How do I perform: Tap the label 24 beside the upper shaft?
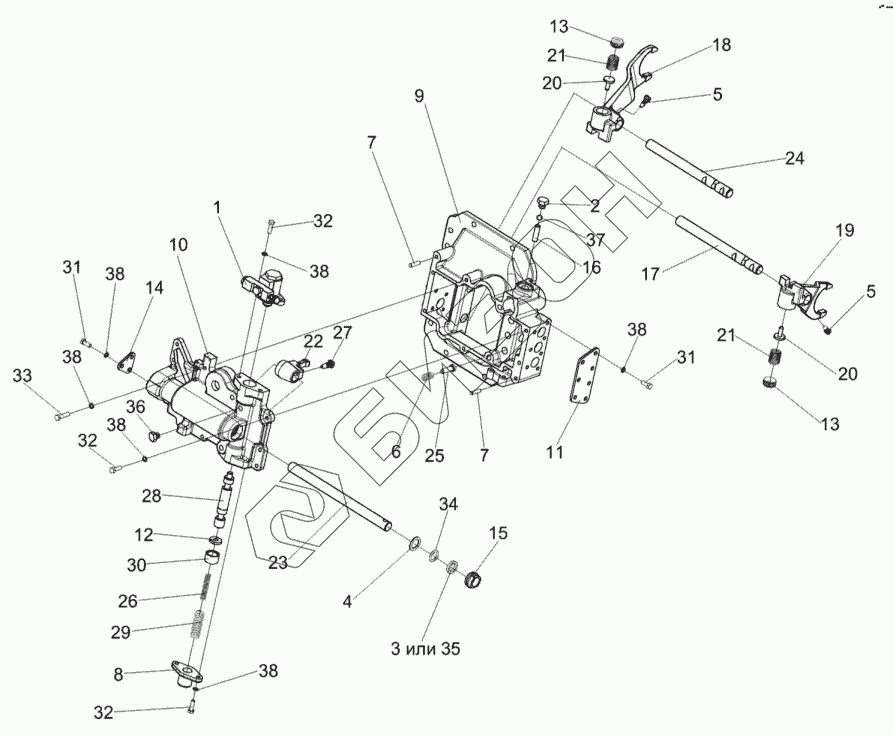(794, 158)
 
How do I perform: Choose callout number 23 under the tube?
(278, 562)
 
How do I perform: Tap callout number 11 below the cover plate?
(555, 452)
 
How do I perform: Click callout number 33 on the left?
(22, 375)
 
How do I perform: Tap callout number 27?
(343, 332)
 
